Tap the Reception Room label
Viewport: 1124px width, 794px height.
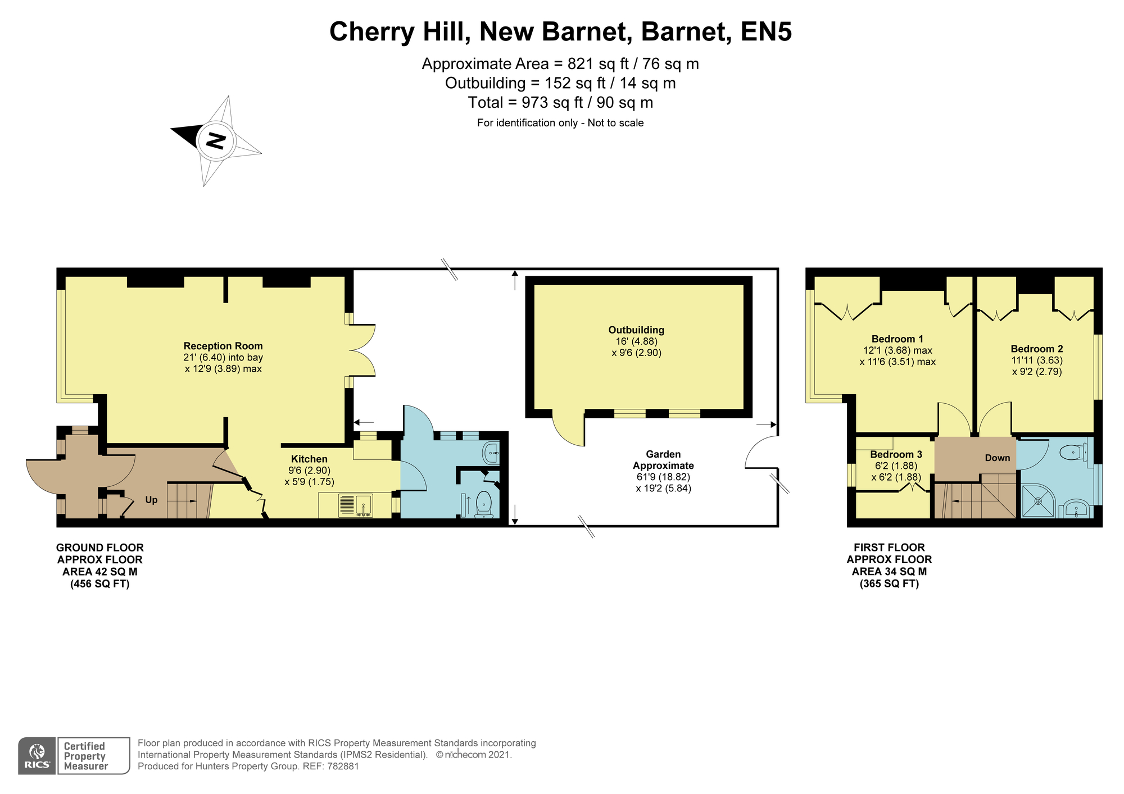tap(223, 346)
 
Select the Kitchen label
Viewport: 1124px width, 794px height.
tap(309, 459)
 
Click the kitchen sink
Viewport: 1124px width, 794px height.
tap(355, 505)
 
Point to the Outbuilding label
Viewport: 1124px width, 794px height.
tap(636, 330)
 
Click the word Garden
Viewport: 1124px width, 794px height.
tap(663, 454)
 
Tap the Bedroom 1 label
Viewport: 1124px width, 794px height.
tap(898, 339)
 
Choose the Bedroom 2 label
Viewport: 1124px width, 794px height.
tap(1037, 349)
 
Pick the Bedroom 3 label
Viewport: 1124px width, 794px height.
tap(896, 454)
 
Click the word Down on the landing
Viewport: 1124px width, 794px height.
tap(998, 458)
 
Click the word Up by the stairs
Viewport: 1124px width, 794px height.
tap(151, 500)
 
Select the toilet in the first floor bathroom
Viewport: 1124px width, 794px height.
tap(1075, 452)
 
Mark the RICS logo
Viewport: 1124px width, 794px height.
tap(37, 756)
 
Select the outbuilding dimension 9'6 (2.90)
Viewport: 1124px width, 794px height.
tap(636, 353)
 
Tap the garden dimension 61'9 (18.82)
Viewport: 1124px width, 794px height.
tap(663, 477)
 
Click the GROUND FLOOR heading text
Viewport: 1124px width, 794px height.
tap(100, 547)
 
